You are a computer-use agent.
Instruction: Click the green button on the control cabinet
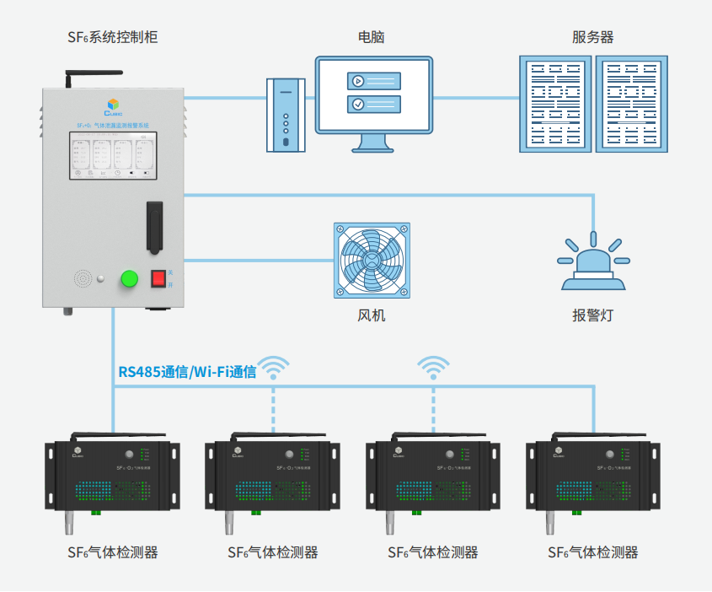(x=130, y=278)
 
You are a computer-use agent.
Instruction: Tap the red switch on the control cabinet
(x=158, y=278)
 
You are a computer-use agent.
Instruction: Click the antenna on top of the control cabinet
(x=67, y=79)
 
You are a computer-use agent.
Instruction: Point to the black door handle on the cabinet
(x=154, y=226)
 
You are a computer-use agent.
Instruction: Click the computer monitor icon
(x=373, y=96)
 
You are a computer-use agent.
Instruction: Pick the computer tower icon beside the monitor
(x=286, y=116)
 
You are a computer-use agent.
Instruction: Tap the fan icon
(x=372, y=260)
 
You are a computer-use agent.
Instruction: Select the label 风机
(x=372, y=316)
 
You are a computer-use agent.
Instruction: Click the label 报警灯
(x=593, y=316)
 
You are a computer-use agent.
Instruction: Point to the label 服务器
(x=592, y=37)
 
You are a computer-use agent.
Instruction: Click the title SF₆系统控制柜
(x=112, y=37)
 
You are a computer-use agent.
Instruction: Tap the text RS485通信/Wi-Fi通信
(x=187, y=371)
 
